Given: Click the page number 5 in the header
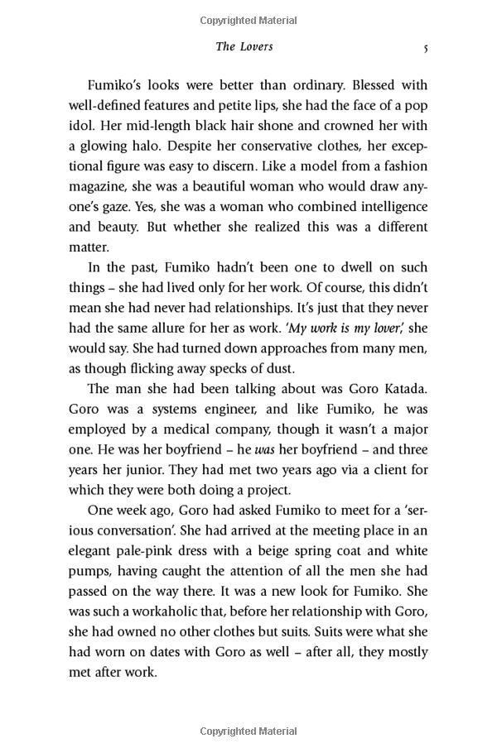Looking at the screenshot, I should pos(425,48).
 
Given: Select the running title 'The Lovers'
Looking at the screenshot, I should pos(244,47).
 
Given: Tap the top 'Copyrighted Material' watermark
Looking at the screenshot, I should pos(248,21).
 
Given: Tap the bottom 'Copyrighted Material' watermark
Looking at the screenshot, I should pos(248,731).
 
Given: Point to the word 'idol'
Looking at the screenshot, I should pos(83,126).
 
